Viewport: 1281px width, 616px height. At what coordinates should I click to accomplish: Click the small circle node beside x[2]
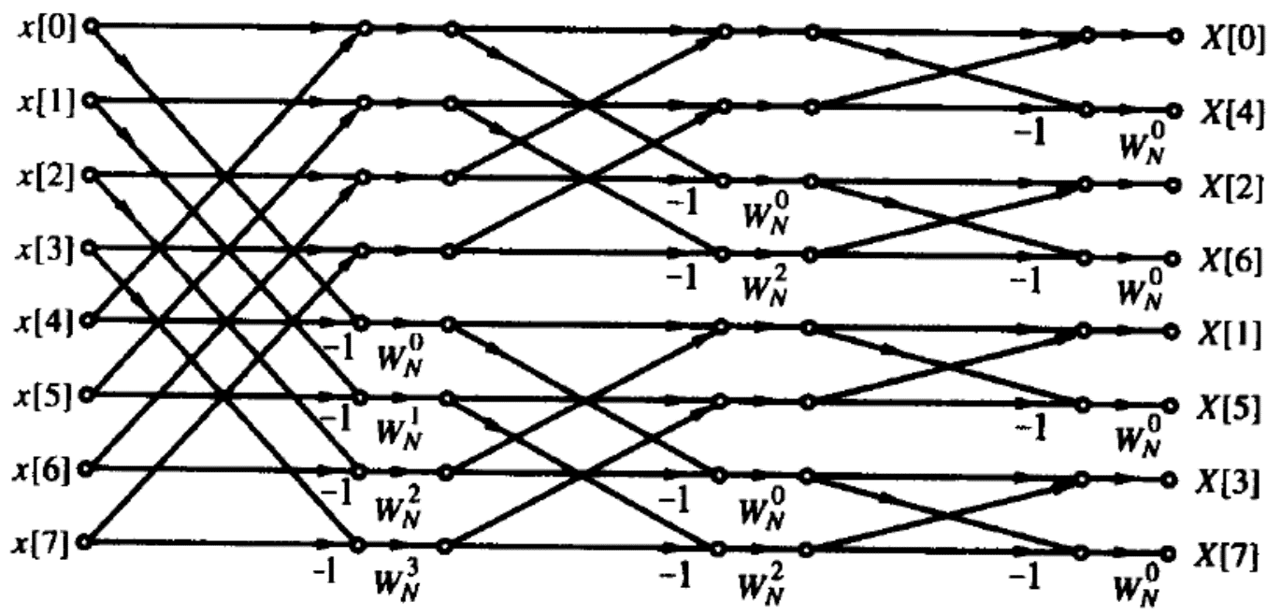click(x=90, y=174)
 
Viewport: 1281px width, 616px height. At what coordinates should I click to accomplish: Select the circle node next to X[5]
click(x=1171, y=406)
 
